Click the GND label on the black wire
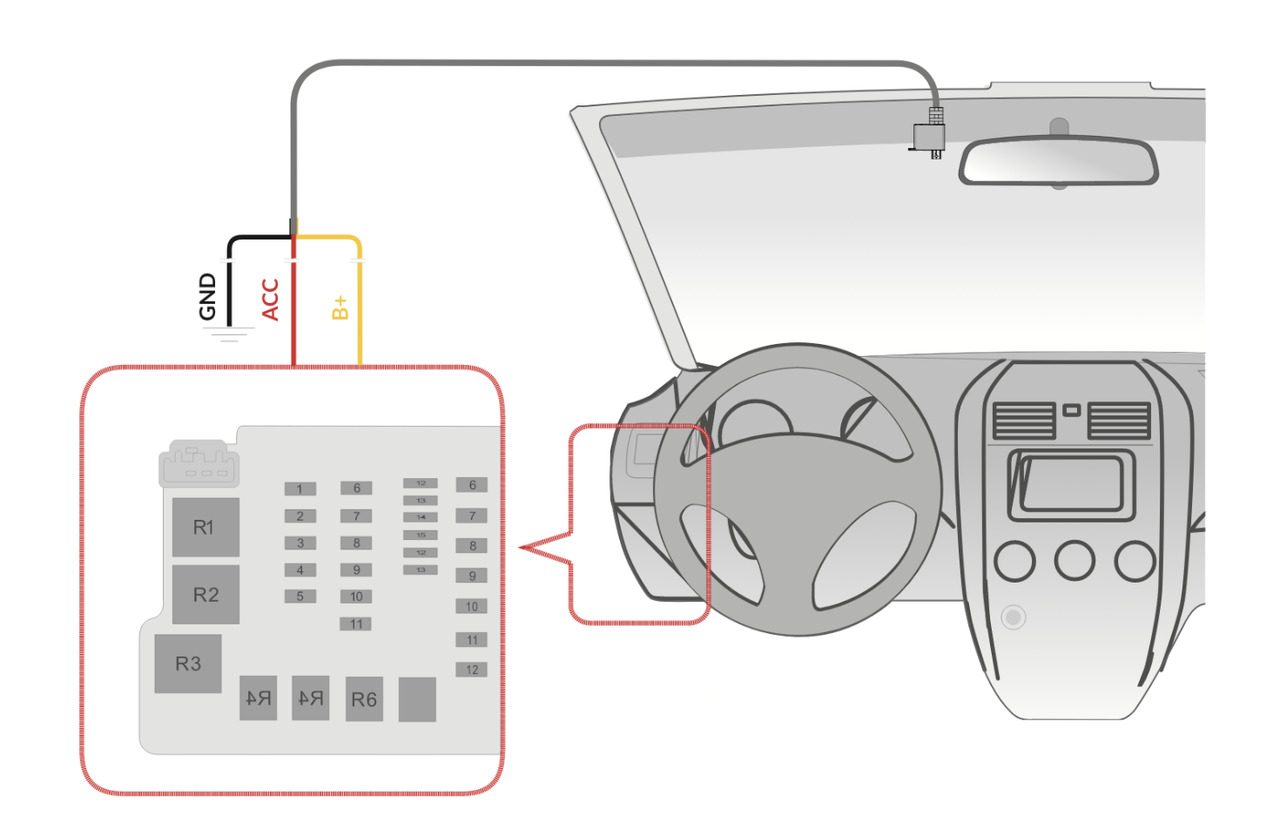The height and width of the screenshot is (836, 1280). coord(207,297)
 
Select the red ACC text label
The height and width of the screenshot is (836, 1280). coord(270,300)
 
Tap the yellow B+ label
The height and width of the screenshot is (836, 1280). coord(340,307)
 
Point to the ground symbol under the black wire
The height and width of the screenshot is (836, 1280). coord(229,333)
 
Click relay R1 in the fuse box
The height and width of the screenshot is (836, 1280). coord(205,527)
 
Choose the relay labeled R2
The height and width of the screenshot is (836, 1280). coord(205,595)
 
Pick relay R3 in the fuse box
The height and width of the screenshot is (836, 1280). coord(188,664)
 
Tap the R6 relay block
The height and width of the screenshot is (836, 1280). coord(364,699)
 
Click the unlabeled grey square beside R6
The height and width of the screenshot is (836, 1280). coord(417,699)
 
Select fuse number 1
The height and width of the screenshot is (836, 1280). coord(300,489)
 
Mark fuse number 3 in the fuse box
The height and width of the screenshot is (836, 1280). coord(300,543)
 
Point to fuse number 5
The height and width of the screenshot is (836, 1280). coord(300,597)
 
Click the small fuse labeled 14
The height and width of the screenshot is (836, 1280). coord(421,517)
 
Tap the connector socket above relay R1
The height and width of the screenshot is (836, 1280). coord(199,463)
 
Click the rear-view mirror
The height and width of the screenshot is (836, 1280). coord(1058,161)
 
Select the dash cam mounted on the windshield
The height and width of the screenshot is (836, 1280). coord(928,138)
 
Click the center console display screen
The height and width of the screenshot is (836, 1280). coord(1071,483)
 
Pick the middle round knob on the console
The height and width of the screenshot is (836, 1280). coord(1075,561)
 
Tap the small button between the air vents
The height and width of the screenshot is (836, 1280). coord(1072,410)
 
